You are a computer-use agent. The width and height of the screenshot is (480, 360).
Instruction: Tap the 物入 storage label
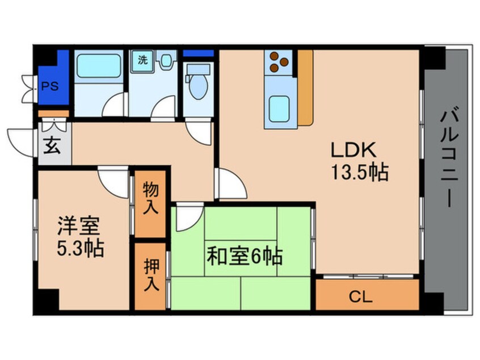[x=150, y=196]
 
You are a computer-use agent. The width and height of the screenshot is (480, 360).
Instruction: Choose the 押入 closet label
[x=150, y=276]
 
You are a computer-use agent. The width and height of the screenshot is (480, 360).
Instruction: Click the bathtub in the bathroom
[x=99, y=68]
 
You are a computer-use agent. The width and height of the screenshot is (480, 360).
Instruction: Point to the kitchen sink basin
[x=279, y=107]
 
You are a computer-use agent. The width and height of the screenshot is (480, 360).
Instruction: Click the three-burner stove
[x=278, y=62]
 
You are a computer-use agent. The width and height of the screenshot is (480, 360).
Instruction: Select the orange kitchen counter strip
[x=305, y=88]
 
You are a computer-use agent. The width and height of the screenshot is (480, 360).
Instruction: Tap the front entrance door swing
[x=23, y=141]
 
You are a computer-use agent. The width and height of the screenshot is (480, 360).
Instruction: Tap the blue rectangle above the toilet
[x=199, y=53]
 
